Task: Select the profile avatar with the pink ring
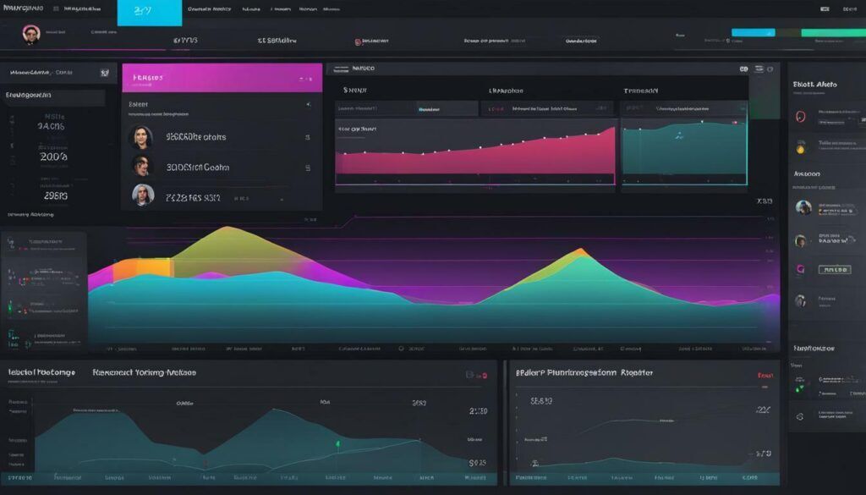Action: click(x=31, y=35)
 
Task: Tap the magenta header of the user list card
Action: click(x=222, y=77)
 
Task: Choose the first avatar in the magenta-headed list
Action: click(x=140, y=136)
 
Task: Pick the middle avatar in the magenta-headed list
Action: click(x=140, y=166)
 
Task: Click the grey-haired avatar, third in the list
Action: click(x=143, y=195)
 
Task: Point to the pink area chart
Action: click(x=474, y=157)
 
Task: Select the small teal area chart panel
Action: click(x=683, y=152)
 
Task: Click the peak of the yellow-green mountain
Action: click(x=221, y=229)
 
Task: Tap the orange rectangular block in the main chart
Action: click(x=154, y=267)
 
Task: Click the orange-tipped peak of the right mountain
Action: click(x=580, y=251)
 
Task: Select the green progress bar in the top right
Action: click(x=832, y=33)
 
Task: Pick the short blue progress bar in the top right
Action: click(x=753, y=33)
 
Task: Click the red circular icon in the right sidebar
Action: click(x=801, y=118)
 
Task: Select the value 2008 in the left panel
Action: click(x=52, y=157)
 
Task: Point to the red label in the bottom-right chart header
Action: click(x=765, y=374)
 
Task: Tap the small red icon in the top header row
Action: click(x=359, y=41)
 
